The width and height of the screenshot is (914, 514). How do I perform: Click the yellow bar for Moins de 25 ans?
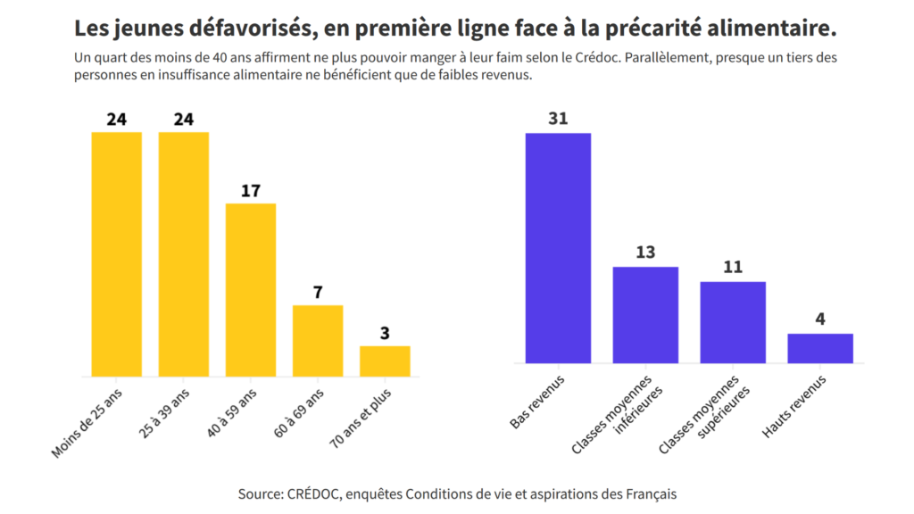click(x=117, y=254)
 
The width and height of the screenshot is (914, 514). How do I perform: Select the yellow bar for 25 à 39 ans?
click(x=184, y=254)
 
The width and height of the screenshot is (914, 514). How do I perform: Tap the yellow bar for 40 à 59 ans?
click(x=251, y=290)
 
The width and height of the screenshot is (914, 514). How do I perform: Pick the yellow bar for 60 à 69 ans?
click(x=318, y=340)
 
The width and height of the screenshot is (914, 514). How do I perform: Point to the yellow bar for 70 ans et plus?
click(x=385, y=361)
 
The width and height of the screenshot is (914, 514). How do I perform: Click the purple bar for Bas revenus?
click(x=558, y=248)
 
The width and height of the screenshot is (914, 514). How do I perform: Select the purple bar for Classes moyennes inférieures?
click(x=645, y=315)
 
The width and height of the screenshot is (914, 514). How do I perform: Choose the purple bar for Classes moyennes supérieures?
click(x=733, y=322)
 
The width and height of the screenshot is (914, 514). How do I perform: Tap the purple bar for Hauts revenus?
click(x=820, y=348)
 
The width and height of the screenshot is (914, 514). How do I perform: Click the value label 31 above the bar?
click(x=558, y=119)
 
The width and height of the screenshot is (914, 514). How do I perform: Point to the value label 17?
click(x=251, y=190)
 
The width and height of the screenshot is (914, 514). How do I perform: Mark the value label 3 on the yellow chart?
click(x=385, y=333)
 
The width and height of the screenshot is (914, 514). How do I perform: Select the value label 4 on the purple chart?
click(x=820, y=319)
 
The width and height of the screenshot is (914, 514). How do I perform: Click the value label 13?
click(x=645, y=253)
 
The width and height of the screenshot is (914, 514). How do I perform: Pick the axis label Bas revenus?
click(x=536, y=402)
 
